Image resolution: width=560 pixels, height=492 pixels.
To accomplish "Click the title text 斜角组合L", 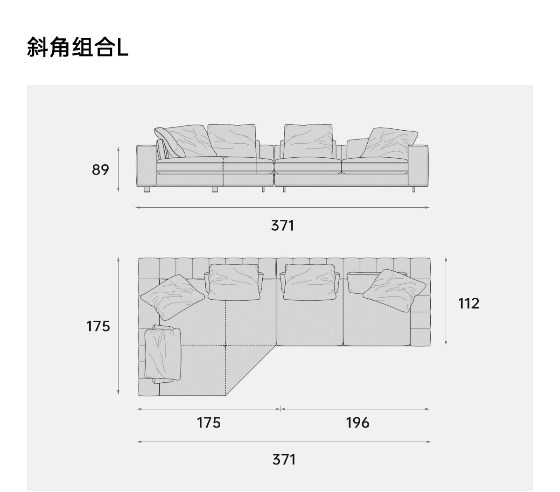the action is pyautogui.click(x=77, y=48).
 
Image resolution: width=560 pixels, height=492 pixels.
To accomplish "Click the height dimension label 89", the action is pyautogui.click(x=100, y=170).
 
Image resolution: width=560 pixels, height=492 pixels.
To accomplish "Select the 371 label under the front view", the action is pyautogui.click(x=283, y=225).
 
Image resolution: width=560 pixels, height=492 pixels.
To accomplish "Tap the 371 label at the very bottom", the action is pyautogui.click(x=284, y=459).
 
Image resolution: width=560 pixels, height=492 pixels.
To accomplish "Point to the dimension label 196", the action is pyautogui.click(x=357, y=422).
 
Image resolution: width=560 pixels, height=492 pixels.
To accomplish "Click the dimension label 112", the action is pyautogui.click(x=469, y=303).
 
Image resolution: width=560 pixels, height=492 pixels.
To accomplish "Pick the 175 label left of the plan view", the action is pyautogui.click(x=98, y=326).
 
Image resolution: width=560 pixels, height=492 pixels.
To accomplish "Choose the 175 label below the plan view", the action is pyautogui.click(x=209, y=422).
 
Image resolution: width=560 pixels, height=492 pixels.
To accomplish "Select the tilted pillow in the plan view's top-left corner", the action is pyautogui.click(x=173, y=297).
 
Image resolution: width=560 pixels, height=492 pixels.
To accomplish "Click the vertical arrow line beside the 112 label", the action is pyautogui.click(x=446, y=301).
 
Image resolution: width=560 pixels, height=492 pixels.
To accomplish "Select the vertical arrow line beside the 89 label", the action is pyautogui.click(x=119, y=170).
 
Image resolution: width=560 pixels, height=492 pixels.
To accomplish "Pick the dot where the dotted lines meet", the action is pyautogui.click(x=225, y=346).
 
